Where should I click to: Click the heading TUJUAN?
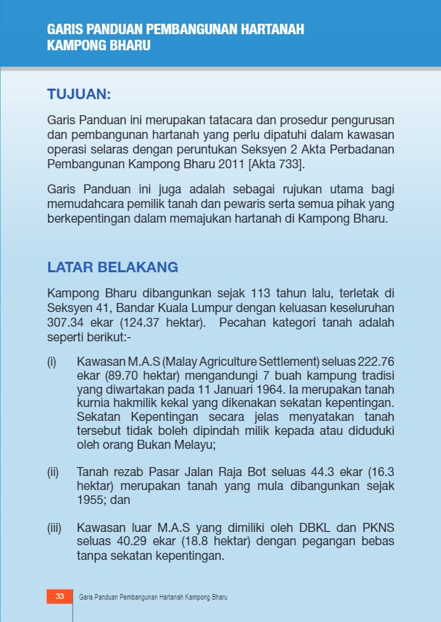pyautogui.click(x=79, y=94)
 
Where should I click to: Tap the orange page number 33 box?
pyautogui.click(x=59, y=597)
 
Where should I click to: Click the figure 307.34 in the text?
pyautogui.click(x=64, y=323)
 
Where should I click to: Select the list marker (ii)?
pyautogui.click(x=53, y=473)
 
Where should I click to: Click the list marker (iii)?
pyautogui.click(x=54, y=528)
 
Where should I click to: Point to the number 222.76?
pyautogui.click(x=375, y=362)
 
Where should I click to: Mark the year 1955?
pyautogui.click(x=91, y=501)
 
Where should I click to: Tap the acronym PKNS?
pyautogui.click(x=378, y=528)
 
